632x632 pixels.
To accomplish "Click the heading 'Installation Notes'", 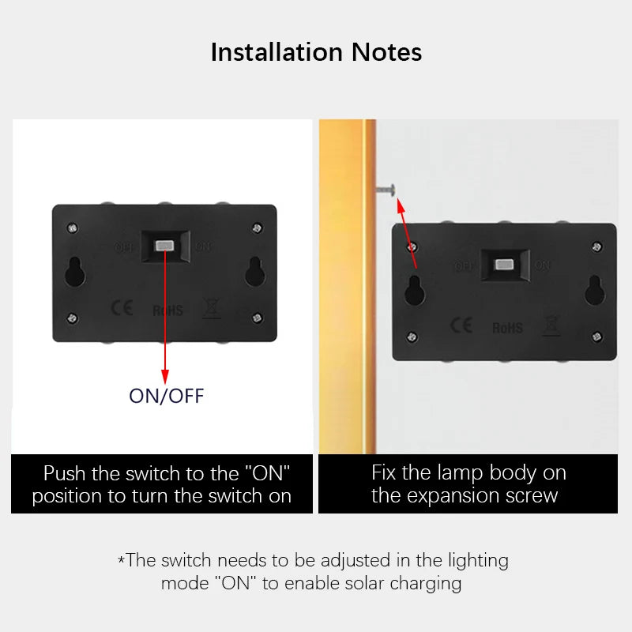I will coord(316,52).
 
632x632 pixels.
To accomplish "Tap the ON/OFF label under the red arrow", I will coord(166,396).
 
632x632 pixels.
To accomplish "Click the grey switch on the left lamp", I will coord(166,246).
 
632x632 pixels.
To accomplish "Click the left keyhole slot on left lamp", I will coord(77,273).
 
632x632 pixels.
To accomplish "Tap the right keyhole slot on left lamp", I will coord(254,273).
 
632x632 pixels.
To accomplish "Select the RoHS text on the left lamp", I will coord(167,310).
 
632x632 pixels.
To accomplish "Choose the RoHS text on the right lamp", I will coord(507,327).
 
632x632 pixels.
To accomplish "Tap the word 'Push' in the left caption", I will coord(65,474).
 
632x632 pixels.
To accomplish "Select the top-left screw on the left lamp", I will coord(73,228).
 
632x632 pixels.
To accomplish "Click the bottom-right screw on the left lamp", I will coord(257,318).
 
